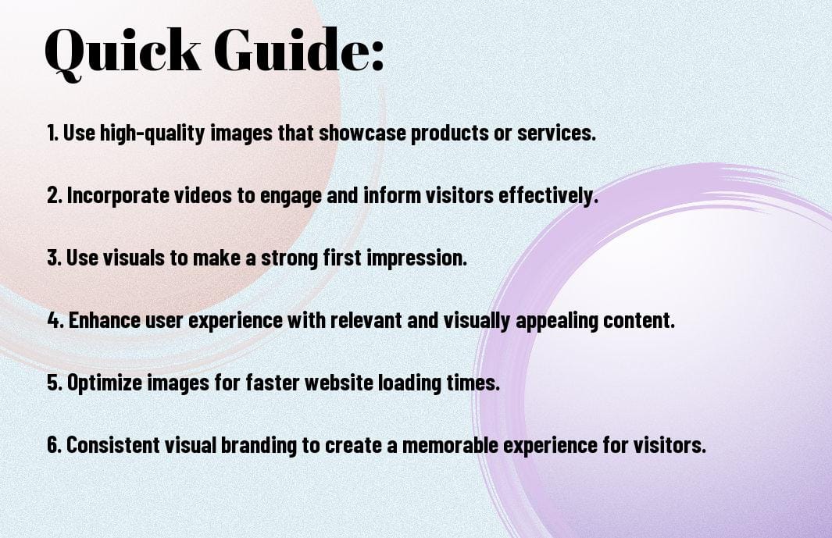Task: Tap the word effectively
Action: (x=548, y=196)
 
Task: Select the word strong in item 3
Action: (x=289, y=258)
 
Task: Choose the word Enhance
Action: (x=104, y=320)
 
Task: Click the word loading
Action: (x=409, y=383)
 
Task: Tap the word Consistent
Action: (x=112, y=445)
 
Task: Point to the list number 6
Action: (x=54, y=445)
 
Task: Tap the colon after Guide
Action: (x=377, y=56)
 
